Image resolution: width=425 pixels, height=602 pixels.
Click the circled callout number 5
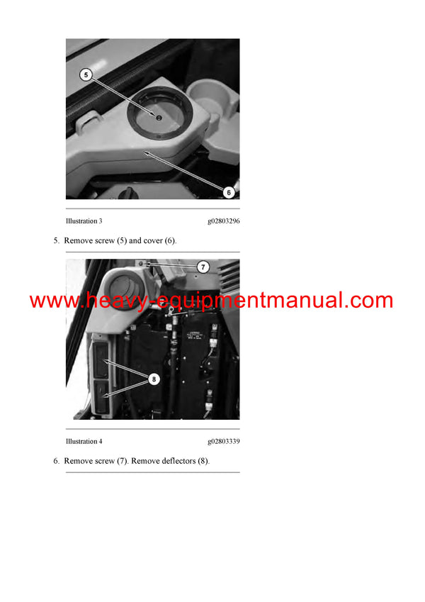tap(85, 74)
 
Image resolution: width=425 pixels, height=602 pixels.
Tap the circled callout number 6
tap(228, 192)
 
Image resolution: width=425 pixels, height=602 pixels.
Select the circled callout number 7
tap(203, 267)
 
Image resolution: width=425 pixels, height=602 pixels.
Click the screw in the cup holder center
tap(159, 117)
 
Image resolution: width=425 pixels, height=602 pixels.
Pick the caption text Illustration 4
tap(84, 441)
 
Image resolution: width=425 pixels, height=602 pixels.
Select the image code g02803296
tap(223, 221)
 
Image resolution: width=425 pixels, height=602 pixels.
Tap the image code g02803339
tap(223, 441)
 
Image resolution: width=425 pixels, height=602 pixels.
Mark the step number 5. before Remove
tap(57, 241)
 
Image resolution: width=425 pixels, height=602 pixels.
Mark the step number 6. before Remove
tap(57, 461)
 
